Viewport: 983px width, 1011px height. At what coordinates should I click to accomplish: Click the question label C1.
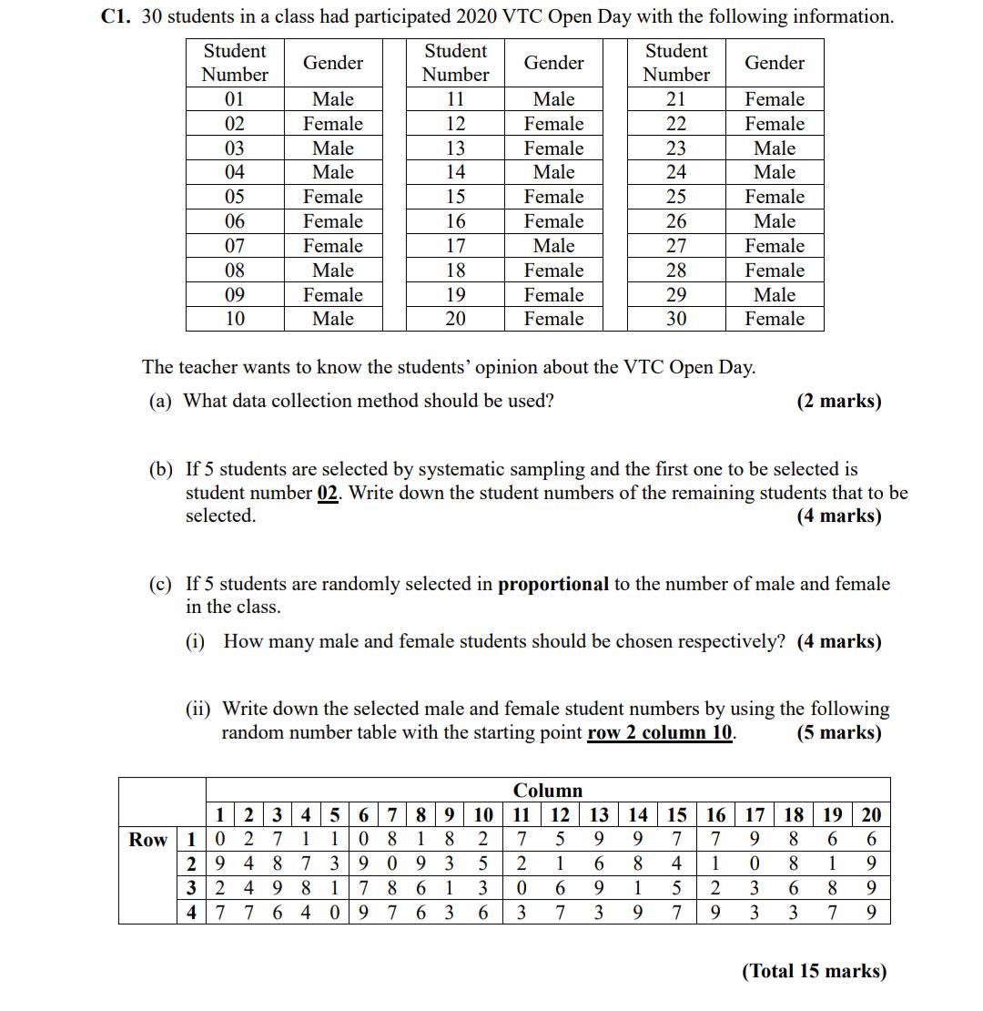(116, 16)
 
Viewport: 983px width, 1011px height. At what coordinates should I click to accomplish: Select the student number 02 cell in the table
(235, 124)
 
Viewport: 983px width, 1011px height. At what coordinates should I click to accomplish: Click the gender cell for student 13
(553, 148)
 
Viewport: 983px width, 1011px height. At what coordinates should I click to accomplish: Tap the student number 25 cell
(676, 197)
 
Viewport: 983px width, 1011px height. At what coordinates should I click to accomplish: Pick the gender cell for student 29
(775, 295)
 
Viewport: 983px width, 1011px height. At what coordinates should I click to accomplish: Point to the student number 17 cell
(456, 246)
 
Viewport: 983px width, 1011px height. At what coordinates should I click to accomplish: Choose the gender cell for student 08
(333, 271)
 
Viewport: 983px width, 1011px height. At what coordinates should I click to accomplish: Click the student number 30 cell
(676, 319)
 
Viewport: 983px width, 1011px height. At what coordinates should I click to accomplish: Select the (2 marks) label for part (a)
(838, 401)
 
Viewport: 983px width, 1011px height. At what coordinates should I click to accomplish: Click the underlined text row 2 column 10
(662, 733)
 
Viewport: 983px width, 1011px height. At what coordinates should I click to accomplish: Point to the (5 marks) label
(838, 733)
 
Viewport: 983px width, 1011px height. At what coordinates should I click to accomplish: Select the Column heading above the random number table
(548, 790)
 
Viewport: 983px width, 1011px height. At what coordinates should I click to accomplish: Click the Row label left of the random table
(147, 839)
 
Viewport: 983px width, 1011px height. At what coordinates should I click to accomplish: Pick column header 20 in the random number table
(871, 815)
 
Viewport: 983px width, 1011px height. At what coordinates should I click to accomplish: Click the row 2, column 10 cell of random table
(482, 863)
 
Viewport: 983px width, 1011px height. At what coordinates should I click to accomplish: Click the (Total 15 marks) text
(814, 971)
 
